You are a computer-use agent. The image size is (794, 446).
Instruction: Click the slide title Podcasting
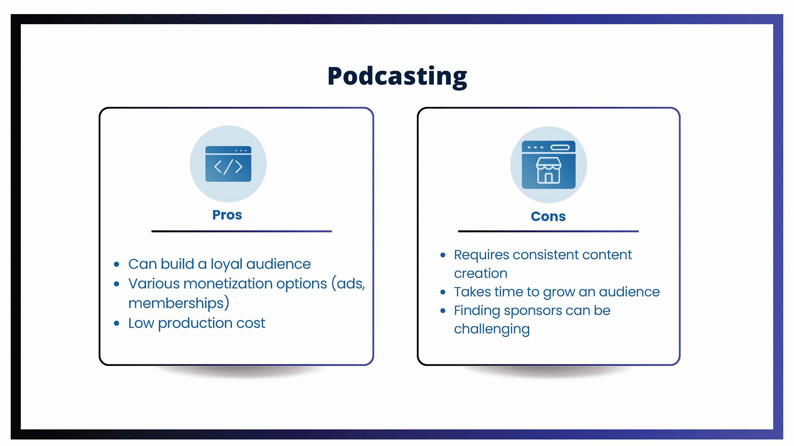coord(397,77)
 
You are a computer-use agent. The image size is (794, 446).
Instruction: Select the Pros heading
coord(227,215)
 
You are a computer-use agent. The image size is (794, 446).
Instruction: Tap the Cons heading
coord(548,216)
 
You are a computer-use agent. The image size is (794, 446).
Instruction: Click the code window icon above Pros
coord(228,164)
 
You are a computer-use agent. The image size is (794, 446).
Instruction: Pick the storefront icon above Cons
coord(548,165)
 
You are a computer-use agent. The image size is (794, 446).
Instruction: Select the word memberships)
coord(179,303)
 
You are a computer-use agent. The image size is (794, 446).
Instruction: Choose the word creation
coord(480,273)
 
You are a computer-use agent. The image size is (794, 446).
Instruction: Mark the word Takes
coord(472,292)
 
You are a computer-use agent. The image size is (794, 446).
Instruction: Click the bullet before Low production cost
coord(117,324)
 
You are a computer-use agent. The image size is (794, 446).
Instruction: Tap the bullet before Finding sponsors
coord(443,311)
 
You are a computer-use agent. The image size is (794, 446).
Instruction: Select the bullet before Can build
coord(117,265)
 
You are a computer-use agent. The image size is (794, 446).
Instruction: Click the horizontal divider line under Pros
coord(242,231)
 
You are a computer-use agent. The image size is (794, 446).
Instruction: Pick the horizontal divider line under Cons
coord(548,231)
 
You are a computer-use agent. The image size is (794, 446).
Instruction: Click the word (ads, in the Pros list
coord(348,284)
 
